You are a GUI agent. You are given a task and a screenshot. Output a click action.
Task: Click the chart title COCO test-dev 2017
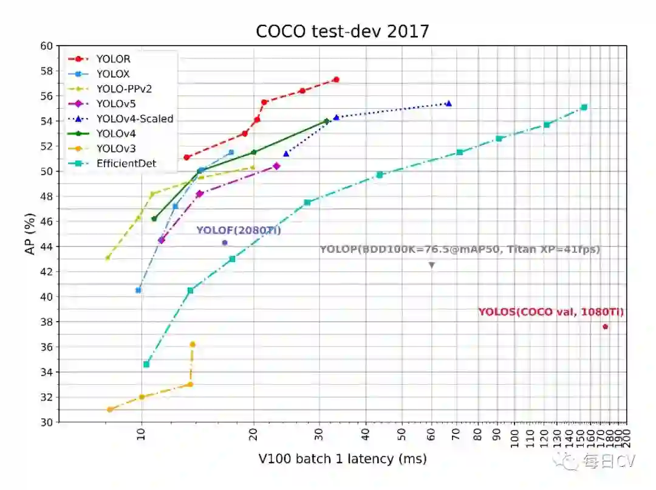pos(342,31)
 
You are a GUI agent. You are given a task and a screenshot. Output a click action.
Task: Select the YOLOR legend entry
pos(113,59)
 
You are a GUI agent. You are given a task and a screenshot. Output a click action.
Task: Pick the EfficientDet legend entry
pos(126,163)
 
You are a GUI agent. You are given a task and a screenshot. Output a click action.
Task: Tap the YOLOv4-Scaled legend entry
pos(134,119)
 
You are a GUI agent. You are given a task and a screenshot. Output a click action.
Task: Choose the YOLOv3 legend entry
pos(115,148)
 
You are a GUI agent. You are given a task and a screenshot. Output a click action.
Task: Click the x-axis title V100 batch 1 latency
pos(342,459)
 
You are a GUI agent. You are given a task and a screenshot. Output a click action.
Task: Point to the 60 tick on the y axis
pos(46,46)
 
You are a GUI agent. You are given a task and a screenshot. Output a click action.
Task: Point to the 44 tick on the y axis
pos(46,247)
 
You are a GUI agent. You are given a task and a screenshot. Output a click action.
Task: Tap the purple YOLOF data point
pos(225,243)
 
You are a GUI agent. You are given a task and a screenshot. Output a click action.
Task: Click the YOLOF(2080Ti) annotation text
pos(238,230)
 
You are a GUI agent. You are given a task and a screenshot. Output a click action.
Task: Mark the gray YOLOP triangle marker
pos(432,265)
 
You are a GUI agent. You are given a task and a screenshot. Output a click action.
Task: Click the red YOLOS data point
pos(605,326)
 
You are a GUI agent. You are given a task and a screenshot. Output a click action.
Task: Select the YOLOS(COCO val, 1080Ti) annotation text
pos(550,312)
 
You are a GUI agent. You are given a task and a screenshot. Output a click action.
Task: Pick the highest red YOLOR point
pos(336,80)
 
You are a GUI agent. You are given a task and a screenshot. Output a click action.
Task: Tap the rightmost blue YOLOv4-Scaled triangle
pos(448,103)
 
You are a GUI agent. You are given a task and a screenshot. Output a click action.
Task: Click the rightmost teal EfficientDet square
pos(584,107)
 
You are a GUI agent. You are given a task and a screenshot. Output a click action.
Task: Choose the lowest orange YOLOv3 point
pos(110,409)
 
